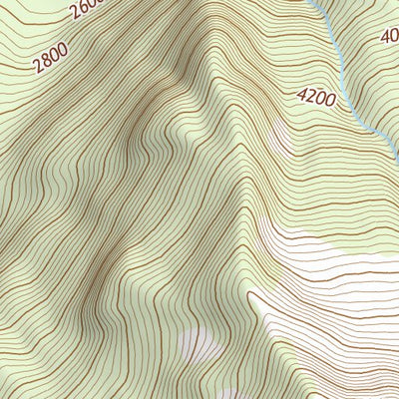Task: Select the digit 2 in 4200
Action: pyautogui.click(x=313, y=97)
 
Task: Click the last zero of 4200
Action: pyautogui.click(x=334, y=102)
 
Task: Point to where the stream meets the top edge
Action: pyautogui.click(x=312, y=2)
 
